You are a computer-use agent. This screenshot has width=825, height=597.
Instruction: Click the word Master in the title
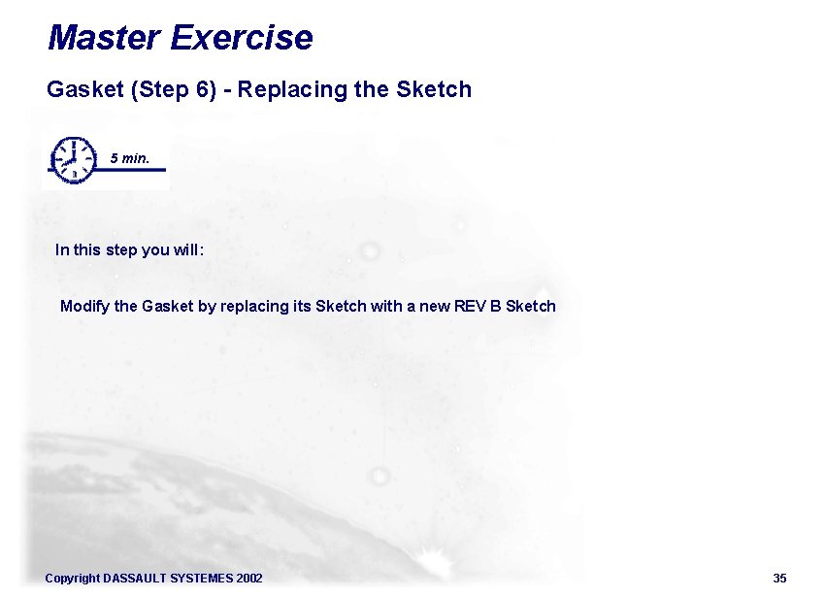click(103, 38)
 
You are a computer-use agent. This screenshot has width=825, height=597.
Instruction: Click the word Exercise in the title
click(241, 38)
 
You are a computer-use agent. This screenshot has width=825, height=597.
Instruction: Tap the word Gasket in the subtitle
click(83, 90)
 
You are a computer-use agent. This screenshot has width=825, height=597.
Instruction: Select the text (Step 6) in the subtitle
click(165, 90)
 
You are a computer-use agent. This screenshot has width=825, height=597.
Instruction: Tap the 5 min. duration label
click(130, 157)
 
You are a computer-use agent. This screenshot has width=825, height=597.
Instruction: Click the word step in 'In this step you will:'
click(120, 250)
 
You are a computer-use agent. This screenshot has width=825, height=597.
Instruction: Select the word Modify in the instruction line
click(84, 307)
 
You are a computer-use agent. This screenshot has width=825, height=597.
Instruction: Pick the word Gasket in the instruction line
click(168, 307)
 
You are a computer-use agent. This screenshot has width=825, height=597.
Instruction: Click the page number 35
click(779, 579)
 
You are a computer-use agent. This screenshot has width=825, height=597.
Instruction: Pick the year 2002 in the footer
click(248, 579)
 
